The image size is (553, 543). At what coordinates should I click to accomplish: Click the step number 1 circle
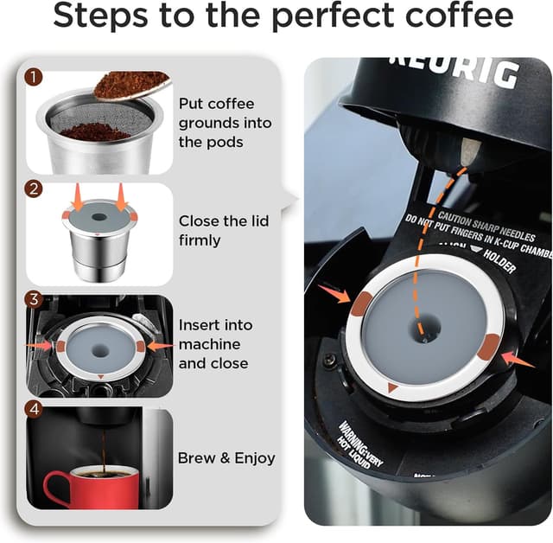[x=34, y=77]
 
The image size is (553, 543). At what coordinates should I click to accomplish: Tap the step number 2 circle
[x=34, y=188]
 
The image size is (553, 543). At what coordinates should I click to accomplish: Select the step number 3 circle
[x=34, y=300]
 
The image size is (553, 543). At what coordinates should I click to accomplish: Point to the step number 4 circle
[x=34, y=409]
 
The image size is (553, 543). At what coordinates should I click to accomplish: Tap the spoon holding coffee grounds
[x=130, y=84]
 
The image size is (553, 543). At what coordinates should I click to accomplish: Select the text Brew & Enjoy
[x=226, y=458]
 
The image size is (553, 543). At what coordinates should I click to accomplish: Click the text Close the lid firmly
[x=224, y=229]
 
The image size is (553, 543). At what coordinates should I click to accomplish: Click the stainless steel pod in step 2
[x=98, y=246]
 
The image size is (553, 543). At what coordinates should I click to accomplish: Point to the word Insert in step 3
[x=198, y=326]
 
